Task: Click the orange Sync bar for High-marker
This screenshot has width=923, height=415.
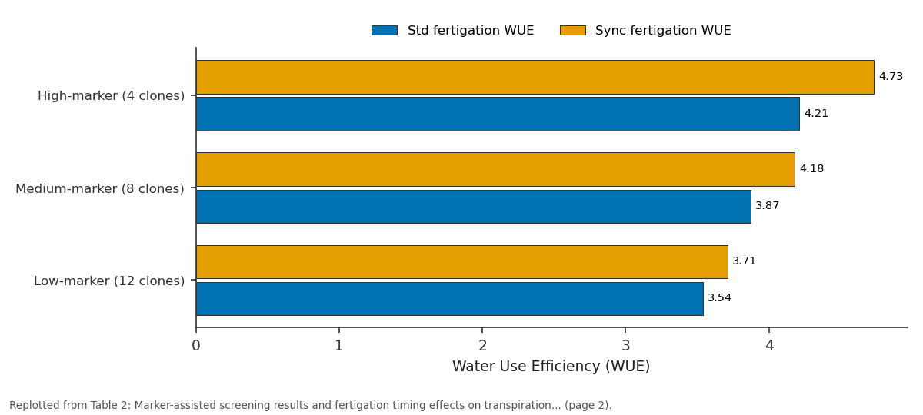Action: pos(535,78)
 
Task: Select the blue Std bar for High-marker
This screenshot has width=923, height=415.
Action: pos(498,114)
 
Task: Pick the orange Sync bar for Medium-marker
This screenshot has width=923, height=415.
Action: pos(495,169)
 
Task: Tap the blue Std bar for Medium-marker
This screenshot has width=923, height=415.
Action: pos(474,207)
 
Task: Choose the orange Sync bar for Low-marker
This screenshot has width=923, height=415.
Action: pos(462,262)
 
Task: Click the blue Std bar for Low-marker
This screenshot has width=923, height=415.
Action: pos(449,299)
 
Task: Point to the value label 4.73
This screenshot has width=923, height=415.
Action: pos(891,77)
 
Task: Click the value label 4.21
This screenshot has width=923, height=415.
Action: pos(816,113)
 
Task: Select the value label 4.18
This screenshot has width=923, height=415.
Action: pos(811,169)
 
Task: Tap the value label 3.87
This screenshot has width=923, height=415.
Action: pos(768,205)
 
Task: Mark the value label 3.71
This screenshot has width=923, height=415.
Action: pos(745,261)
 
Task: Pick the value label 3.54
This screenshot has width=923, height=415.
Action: pos(719,297)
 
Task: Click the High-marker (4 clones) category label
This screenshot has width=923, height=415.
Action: pos(112,96)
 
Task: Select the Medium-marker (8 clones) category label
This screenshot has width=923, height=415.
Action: pos(100,188)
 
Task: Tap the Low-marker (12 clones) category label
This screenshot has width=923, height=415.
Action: pos(109,281)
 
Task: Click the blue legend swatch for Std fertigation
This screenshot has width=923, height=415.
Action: pos(385,31)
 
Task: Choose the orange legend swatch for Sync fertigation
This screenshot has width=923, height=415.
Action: pos(573,31)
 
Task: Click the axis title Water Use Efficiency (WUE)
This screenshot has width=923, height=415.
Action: pos(551,366)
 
